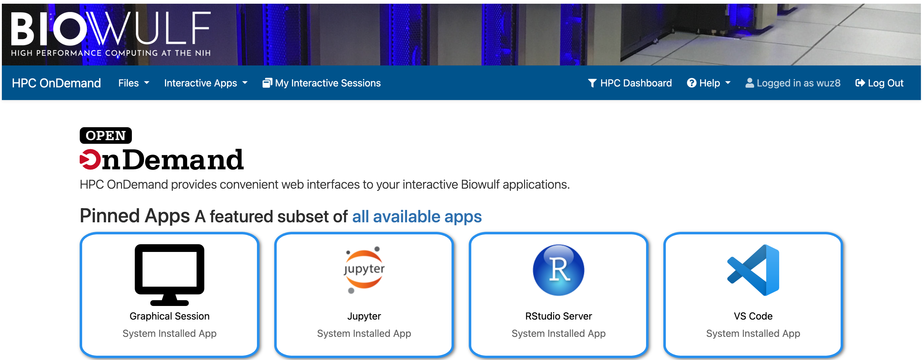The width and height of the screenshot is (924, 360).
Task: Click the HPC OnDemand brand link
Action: (56, 83)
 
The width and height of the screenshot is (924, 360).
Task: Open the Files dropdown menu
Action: (133, 83)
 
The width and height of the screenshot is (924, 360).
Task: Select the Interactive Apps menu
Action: (206, 83)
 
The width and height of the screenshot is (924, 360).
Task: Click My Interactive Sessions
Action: (321, 83)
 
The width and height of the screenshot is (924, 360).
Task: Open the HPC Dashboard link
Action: (630, 83)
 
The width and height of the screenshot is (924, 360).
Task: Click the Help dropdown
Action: (708, 83)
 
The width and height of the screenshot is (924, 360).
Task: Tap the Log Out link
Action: (879, 83)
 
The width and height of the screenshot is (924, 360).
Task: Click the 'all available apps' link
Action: (417, 216)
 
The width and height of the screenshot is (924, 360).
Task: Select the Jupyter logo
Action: (364, 270)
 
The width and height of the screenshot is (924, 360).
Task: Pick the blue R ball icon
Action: (558, 270)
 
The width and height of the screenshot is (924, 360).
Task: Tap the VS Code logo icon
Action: (753, 270)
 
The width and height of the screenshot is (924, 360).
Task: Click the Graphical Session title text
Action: (169, 316)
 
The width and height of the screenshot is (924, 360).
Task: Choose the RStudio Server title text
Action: (558, 316)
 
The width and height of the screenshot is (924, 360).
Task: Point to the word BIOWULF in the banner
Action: (111, 29)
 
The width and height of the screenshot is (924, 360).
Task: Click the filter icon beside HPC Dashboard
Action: (592, 83)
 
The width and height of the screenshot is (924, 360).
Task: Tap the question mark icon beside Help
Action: (691, 83)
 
